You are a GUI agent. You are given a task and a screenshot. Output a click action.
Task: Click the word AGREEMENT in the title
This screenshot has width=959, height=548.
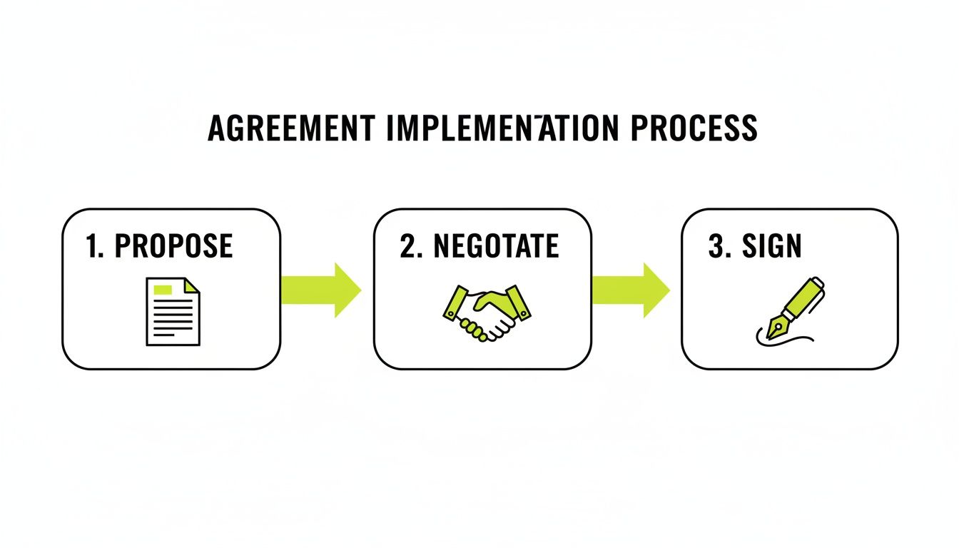291,128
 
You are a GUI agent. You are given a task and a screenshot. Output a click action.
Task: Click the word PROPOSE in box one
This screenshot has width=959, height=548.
173,247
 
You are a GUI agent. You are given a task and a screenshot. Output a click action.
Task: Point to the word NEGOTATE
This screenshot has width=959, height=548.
497,247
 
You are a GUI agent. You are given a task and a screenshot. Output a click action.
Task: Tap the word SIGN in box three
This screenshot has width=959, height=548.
771,247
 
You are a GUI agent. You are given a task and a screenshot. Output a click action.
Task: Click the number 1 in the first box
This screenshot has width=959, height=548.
91,247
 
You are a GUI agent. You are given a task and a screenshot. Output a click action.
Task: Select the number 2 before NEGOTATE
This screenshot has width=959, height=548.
407,247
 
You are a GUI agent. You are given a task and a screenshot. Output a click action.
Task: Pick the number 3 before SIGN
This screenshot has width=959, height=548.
716,247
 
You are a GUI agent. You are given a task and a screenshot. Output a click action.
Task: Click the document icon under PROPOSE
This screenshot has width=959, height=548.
173,312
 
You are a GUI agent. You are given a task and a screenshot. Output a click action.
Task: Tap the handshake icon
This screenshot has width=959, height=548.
483,311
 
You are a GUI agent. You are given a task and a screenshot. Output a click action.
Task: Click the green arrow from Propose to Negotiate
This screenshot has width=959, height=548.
322,290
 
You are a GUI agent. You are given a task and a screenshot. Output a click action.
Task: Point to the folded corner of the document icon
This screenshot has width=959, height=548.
193,285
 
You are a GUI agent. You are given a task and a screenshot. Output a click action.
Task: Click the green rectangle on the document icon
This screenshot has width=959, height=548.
163,289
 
